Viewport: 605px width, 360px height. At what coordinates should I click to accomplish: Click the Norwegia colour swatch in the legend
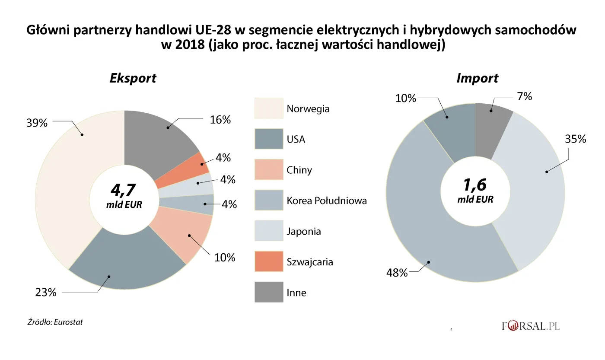point(268,108)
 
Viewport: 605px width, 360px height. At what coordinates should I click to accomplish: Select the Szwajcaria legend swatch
point(268,261)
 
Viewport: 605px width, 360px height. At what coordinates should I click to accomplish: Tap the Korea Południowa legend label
point(327,201)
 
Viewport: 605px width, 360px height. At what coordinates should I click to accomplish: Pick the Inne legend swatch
point(268,292)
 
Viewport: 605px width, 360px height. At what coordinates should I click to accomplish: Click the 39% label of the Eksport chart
point(36,123)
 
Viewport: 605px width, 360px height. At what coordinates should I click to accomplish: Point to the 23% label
point(46,293)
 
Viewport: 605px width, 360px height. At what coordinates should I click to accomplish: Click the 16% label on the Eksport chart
point(220,120)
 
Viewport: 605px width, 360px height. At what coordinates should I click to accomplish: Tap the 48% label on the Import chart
point(397,273)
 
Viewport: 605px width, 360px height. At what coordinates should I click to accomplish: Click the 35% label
point(576,139)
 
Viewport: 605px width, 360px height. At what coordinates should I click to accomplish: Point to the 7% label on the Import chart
point(524,97)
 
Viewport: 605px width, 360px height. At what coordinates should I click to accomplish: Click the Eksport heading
point(133,79)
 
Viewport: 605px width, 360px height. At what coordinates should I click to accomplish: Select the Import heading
point(477,79)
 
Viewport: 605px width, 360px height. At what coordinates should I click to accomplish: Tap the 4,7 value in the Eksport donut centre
point(124,191)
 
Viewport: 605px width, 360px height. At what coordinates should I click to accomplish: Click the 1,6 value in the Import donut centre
point(475,185)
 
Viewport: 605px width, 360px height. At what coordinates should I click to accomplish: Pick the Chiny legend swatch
point(268,169)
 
